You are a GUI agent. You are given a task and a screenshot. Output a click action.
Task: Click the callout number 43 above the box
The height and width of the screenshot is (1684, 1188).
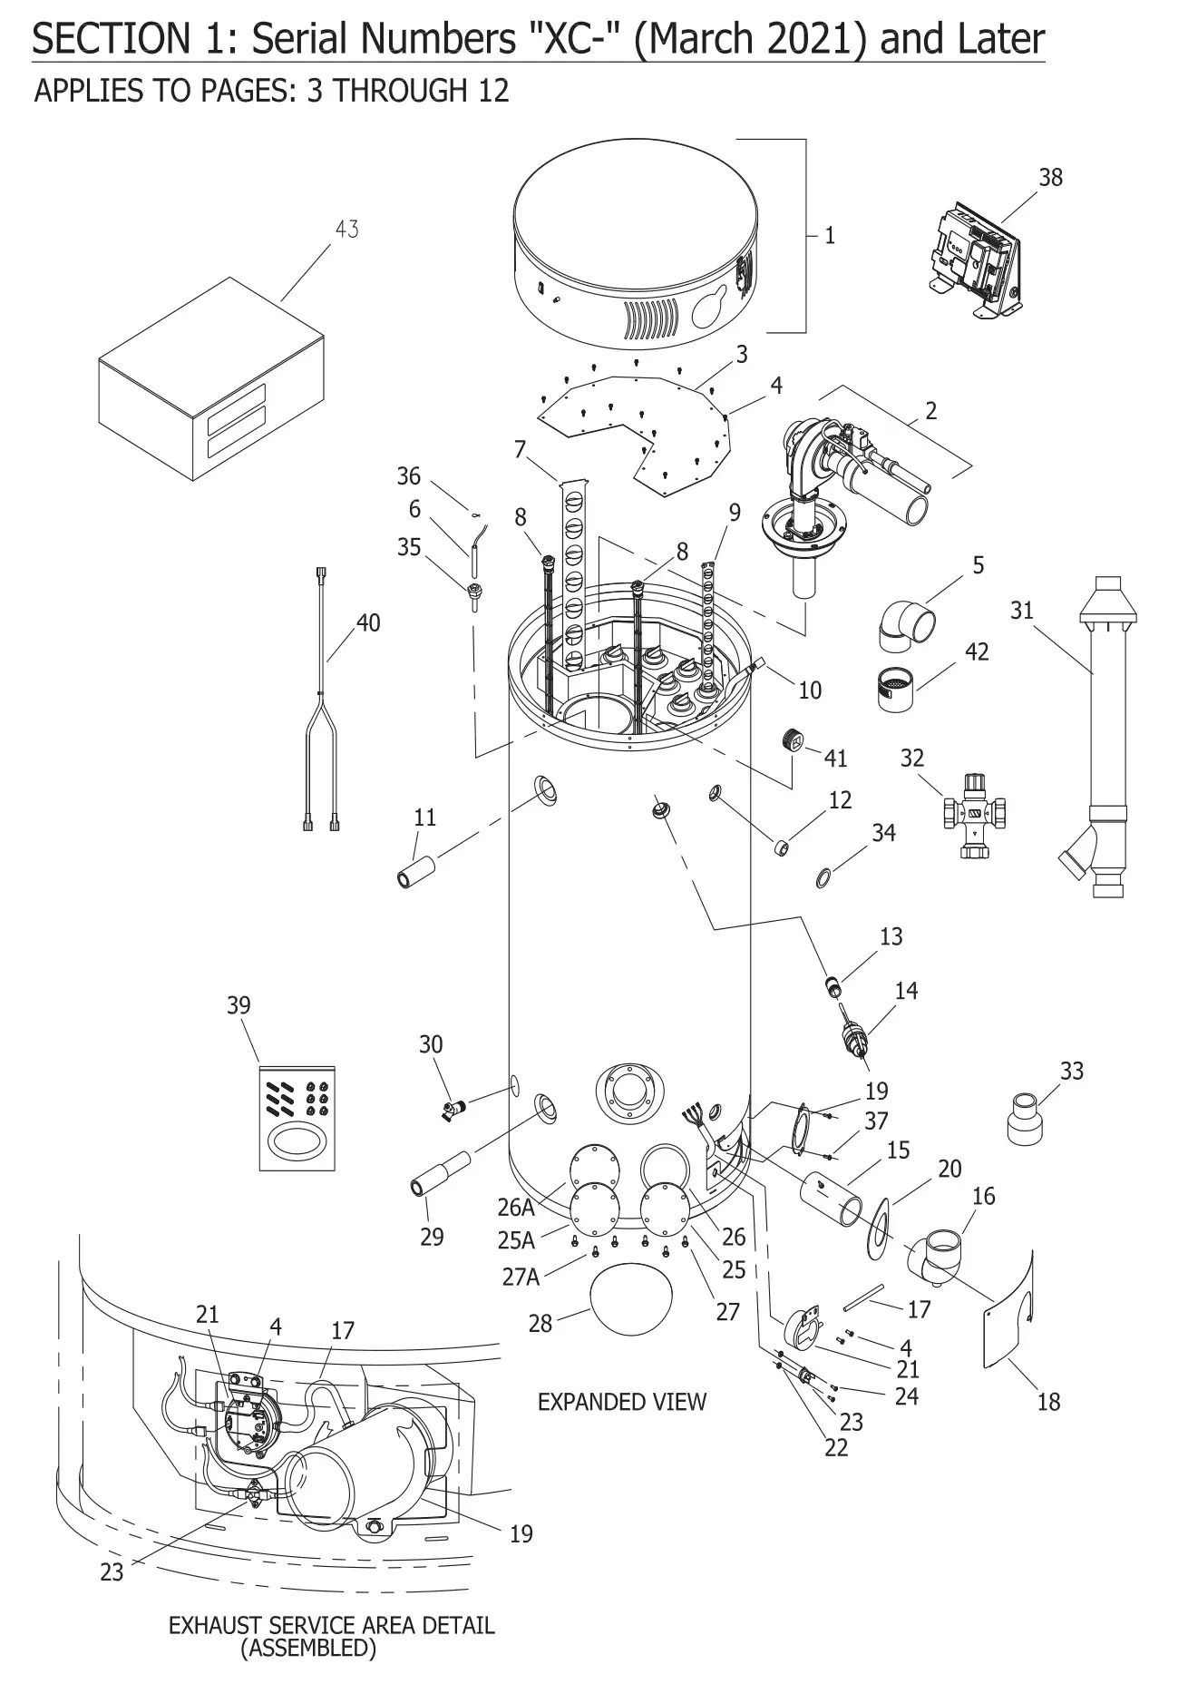coord(346,230)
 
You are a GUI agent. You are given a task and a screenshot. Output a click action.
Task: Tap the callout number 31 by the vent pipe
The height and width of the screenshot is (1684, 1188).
coord(1021,611)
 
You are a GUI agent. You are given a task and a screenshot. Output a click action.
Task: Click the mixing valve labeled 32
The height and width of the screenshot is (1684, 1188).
coord(975,814)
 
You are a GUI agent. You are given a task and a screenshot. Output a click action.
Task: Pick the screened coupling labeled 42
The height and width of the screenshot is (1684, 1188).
coord(896,691)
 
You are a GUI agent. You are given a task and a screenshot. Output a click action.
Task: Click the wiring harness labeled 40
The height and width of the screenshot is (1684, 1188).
coord(322,699)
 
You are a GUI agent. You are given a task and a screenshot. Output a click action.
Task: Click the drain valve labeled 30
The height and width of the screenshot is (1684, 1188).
coord(453,1107)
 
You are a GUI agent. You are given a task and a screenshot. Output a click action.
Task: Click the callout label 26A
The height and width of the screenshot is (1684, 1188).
coord(516,1207)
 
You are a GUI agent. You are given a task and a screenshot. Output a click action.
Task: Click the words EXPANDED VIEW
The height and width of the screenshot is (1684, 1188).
coord(621,1402)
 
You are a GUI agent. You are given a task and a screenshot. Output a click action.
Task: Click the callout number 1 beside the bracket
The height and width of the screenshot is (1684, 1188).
coord(829,236)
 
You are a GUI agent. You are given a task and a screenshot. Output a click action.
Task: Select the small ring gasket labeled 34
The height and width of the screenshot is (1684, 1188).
coord(823,877)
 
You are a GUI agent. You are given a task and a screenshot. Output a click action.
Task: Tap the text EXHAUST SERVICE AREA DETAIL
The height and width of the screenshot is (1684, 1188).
coord(331,1625)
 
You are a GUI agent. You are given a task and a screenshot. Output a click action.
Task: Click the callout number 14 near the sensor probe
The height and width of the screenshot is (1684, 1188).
coord(906,991)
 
